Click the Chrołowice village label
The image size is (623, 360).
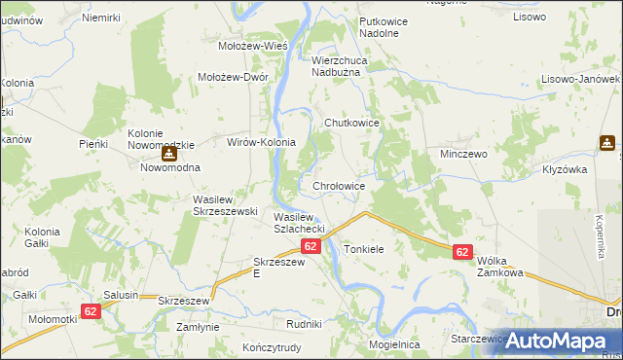[x=339, y=186]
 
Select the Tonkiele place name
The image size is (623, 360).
[x=364, y=250]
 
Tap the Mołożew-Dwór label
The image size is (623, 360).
[x=233, y=78]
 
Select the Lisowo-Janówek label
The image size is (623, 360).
[x=584, y=78]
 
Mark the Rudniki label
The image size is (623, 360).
[x=304, y=324]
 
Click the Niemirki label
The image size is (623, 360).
[x=101, y=18]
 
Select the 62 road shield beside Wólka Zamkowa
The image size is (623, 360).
[x=462, y=252]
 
